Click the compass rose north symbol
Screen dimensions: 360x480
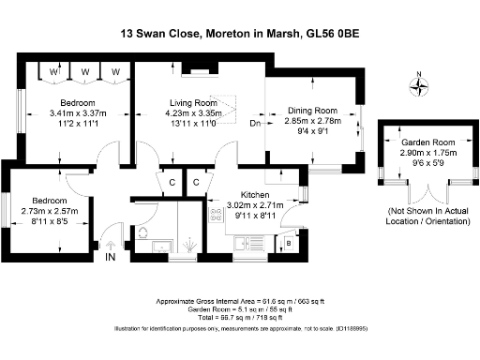pyautogui.click(x=419, y=86)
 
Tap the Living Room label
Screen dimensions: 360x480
pyautogui.click(x=193, y=102)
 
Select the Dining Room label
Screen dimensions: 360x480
pyautogui.click(x=312, y=110)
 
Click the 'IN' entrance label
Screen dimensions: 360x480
pyautogui.click(x=111, y=256)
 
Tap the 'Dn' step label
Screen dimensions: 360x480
pyautogui.click(x=254, y=122)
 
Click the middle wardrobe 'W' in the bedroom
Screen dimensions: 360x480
pyautogui.click(x=84, y=71)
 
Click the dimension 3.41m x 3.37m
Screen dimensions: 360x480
pyautogui.click(x=78, y=112)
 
